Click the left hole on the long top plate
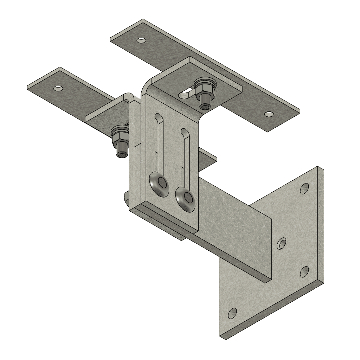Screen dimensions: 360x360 [x=141, y=40]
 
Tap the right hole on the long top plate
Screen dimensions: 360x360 [x=269, y=114]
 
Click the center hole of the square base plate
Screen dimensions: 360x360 [x=282, y=243]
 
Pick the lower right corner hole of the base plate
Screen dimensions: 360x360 [x=304, y=271]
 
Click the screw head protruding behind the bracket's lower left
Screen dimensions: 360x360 [x=126, y=198]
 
